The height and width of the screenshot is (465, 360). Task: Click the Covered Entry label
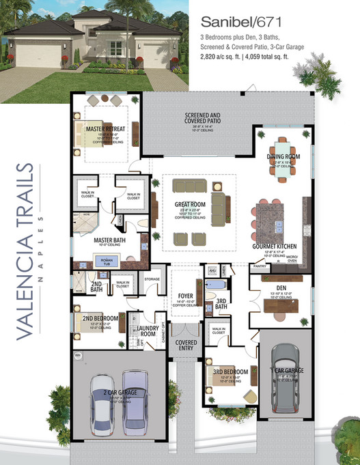point(186,345)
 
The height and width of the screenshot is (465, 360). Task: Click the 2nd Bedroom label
point(102,319)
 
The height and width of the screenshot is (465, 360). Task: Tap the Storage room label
point(151,279)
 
